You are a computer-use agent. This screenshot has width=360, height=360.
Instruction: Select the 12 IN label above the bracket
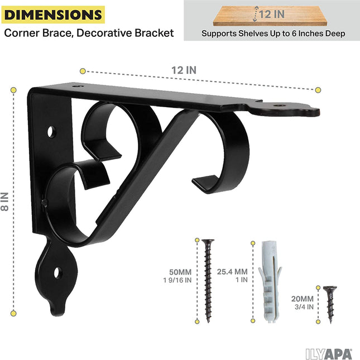[x=185, y=70]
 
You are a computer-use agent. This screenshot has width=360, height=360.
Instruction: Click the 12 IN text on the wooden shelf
[x=272, y=14]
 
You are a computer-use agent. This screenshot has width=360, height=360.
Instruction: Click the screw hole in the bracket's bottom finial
[x=57, y=273]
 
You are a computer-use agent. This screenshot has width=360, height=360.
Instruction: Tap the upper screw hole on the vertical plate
[x=51, y=132]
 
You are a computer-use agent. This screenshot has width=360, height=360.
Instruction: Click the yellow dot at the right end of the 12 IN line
[x=318, y=89]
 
